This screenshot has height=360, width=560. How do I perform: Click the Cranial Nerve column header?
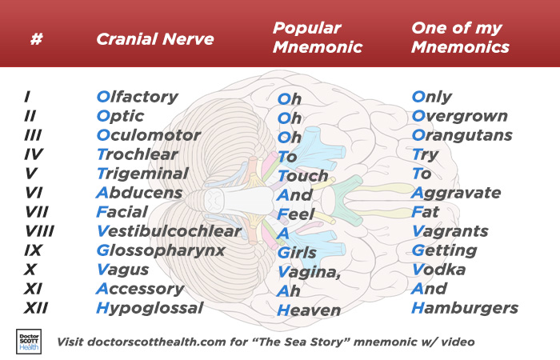(x=155, y=39)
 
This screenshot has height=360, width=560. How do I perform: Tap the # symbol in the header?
(x=37, y=38)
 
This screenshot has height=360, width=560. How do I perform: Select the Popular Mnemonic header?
(x=318, y=37)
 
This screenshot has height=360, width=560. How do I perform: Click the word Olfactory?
(x=137, y=97)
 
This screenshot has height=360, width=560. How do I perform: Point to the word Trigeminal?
(x=142, y=174)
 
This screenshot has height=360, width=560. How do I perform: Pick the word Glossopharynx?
(x=161, y=250)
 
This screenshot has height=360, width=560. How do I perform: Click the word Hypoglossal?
(x=150, y=308)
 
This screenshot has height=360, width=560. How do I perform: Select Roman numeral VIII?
(x=39, y=231)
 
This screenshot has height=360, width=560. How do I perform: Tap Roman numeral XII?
(x=36, y=308)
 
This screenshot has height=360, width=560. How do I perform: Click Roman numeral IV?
(x=34, y=154)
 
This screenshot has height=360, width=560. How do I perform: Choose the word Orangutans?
(x=462, y=135)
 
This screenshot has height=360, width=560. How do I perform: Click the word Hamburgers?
(x=465, y=308)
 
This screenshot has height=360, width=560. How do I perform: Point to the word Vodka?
(x=438, y=270)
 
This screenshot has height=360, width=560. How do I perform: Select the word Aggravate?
(x=456, y=194)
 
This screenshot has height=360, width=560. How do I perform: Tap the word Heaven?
(x=309, y=310)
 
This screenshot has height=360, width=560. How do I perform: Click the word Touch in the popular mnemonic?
(x=303, y=176)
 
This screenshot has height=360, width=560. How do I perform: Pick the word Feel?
(x=296, y=214)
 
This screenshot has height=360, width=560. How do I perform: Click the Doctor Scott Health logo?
(x=29, y=342)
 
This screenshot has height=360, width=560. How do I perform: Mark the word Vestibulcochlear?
(x=170, y=231)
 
